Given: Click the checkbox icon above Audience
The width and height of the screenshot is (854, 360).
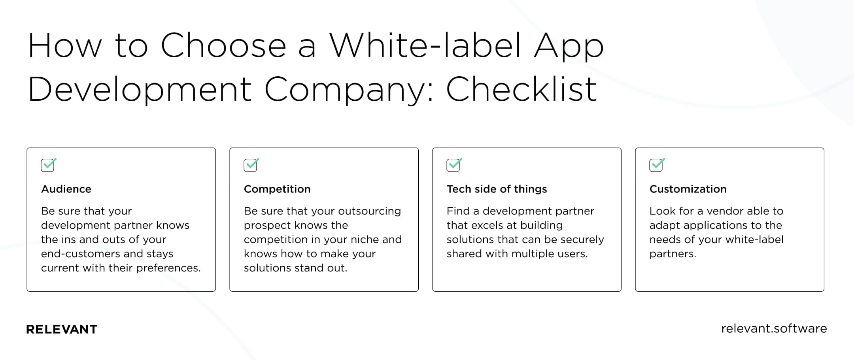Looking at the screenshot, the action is tap(49, 165).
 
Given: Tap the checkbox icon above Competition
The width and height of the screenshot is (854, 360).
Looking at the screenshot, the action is tap(251, 165).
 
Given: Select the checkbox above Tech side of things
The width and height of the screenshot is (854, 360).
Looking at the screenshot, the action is tap(454, 165).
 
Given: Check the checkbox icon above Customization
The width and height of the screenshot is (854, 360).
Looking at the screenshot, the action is tap(657, 165).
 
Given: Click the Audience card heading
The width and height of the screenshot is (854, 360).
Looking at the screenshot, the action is tap(66, 189).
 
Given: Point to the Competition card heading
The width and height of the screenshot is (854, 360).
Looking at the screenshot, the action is tap(277, 189).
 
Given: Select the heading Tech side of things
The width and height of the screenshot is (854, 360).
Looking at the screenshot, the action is tap(497, 189).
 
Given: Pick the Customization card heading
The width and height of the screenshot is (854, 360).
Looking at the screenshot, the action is tap(688, 189).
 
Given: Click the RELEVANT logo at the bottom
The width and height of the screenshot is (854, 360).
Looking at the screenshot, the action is tap(62, 329).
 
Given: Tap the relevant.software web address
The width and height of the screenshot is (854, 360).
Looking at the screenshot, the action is tap(774, 328).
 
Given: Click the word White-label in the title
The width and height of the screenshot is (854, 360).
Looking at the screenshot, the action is tap(425, 46).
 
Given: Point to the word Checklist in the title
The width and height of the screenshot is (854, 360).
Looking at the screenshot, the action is tap(521, 89).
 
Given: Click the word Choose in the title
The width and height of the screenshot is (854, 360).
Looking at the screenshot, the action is tap(223, 46).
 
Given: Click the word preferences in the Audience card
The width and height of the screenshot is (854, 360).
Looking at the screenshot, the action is tap(168, 268).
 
